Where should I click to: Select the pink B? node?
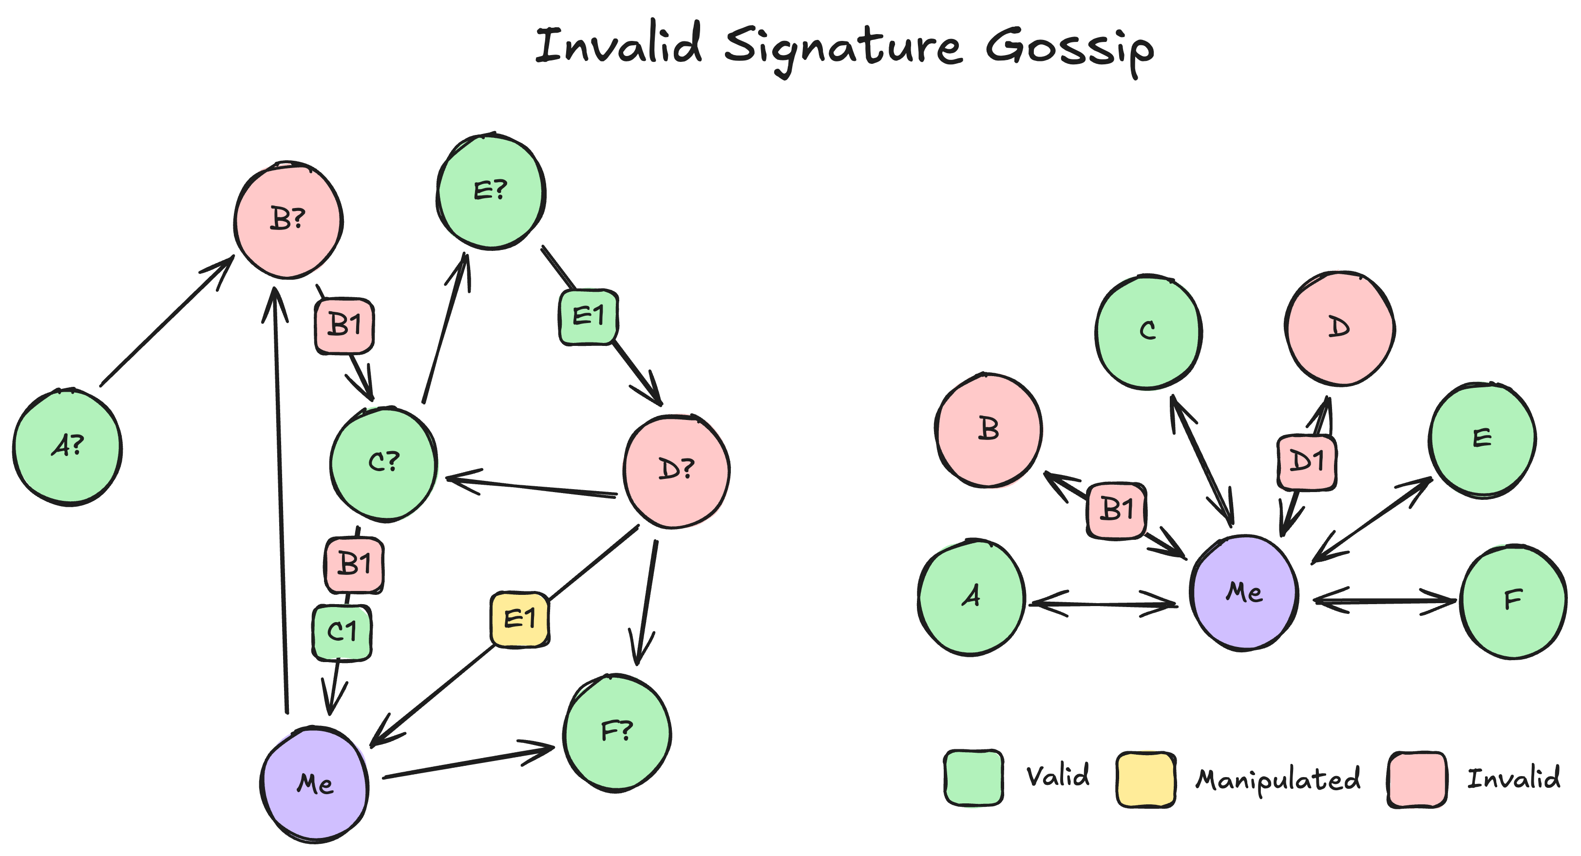(x=288, y=220)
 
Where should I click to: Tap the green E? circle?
(x=491, y=191)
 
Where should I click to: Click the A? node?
(x=68, y=447)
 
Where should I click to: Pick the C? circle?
(x=383, y=463)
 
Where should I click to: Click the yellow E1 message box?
(x=520, y=619)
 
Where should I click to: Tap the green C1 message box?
(x=342, y=632)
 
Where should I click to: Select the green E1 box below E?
(x=588, y=317)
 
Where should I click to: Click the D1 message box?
(x=1307, y=462)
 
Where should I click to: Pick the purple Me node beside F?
(x=315, y=784)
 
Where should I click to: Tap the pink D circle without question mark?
(x=1339, y=328)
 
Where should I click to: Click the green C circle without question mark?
(x=1148, y=331)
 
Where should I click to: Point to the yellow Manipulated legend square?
(x=1145, y=779)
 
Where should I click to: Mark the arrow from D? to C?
(x=532, y=487)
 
